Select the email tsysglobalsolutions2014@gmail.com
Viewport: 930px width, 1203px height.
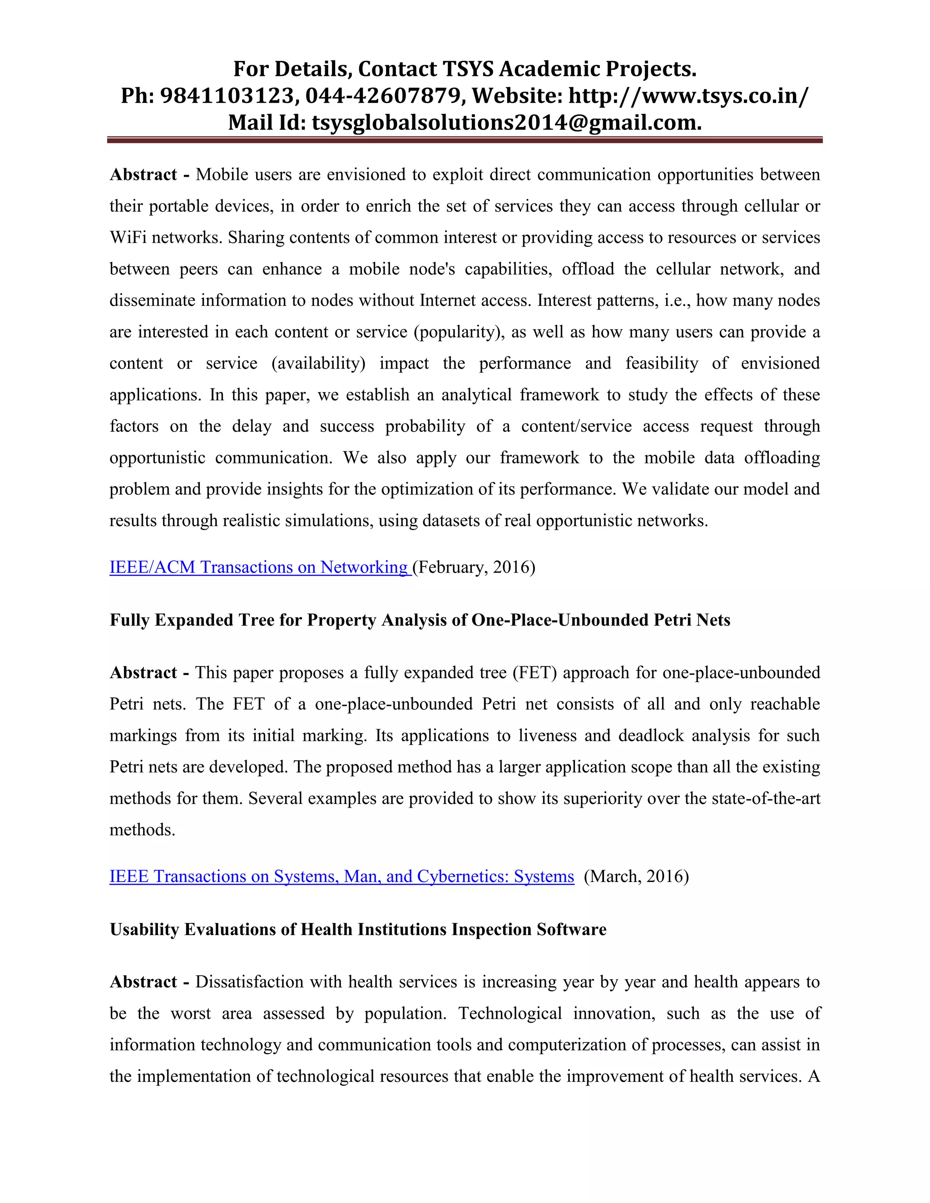506,122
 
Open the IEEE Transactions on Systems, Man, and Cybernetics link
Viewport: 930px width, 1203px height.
341,876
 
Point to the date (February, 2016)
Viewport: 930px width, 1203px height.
474,567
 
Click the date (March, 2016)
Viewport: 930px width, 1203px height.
636,876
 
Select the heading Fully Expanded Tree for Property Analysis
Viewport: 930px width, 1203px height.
420,620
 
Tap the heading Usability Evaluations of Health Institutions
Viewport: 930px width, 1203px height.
358,929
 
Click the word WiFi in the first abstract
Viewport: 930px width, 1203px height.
128,237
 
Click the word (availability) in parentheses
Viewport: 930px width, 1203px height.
318,363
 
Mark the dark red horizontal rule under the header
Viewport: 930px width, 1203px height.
465,140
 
